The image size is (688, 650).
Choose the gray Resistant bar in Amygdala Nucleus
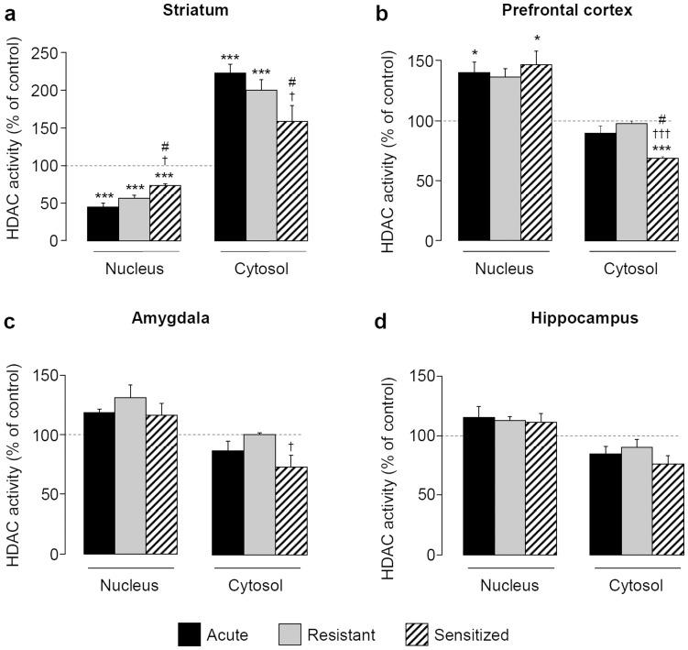pos(131,476)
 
